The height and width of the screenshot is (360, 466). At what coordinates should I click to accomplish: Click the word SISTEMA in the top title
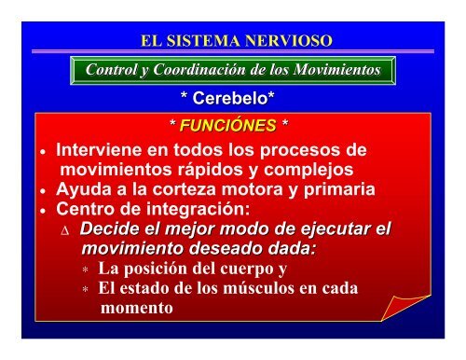click(213, 42)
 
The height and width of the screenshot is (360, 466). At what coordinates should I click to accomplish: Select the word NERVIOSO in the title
click(291, 42)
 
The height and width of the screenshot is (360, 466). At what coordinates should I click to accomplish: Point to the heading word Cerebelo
click(232, 97)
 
